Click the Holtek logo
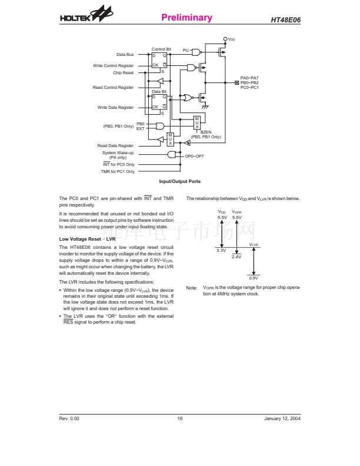(86, 14)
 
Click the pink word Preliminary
(187, 17)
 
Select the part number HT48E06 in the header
(285, 20)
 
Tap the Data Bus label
(125, 54)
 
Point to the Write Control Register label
(113, 66)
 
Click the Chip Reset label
(124, 73)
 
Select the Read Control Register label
(113, 87)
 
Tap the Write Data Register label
(115, 107)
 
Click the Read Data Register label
(115, 146)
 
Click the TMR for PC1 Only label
(118, 171)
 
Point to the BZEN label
(206, 132)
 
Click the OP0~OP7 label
(194, 156)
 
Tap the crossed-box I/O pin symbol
(236, 82)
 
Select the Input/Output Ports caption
(179, 181)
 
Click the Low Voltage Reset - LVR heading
(87, 239)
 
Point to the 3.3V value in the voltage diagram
(221, 251)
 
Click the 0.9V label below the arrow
(254, 278)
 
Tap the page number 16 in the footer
(180, 418)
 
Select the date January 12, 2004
(282, 418)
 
